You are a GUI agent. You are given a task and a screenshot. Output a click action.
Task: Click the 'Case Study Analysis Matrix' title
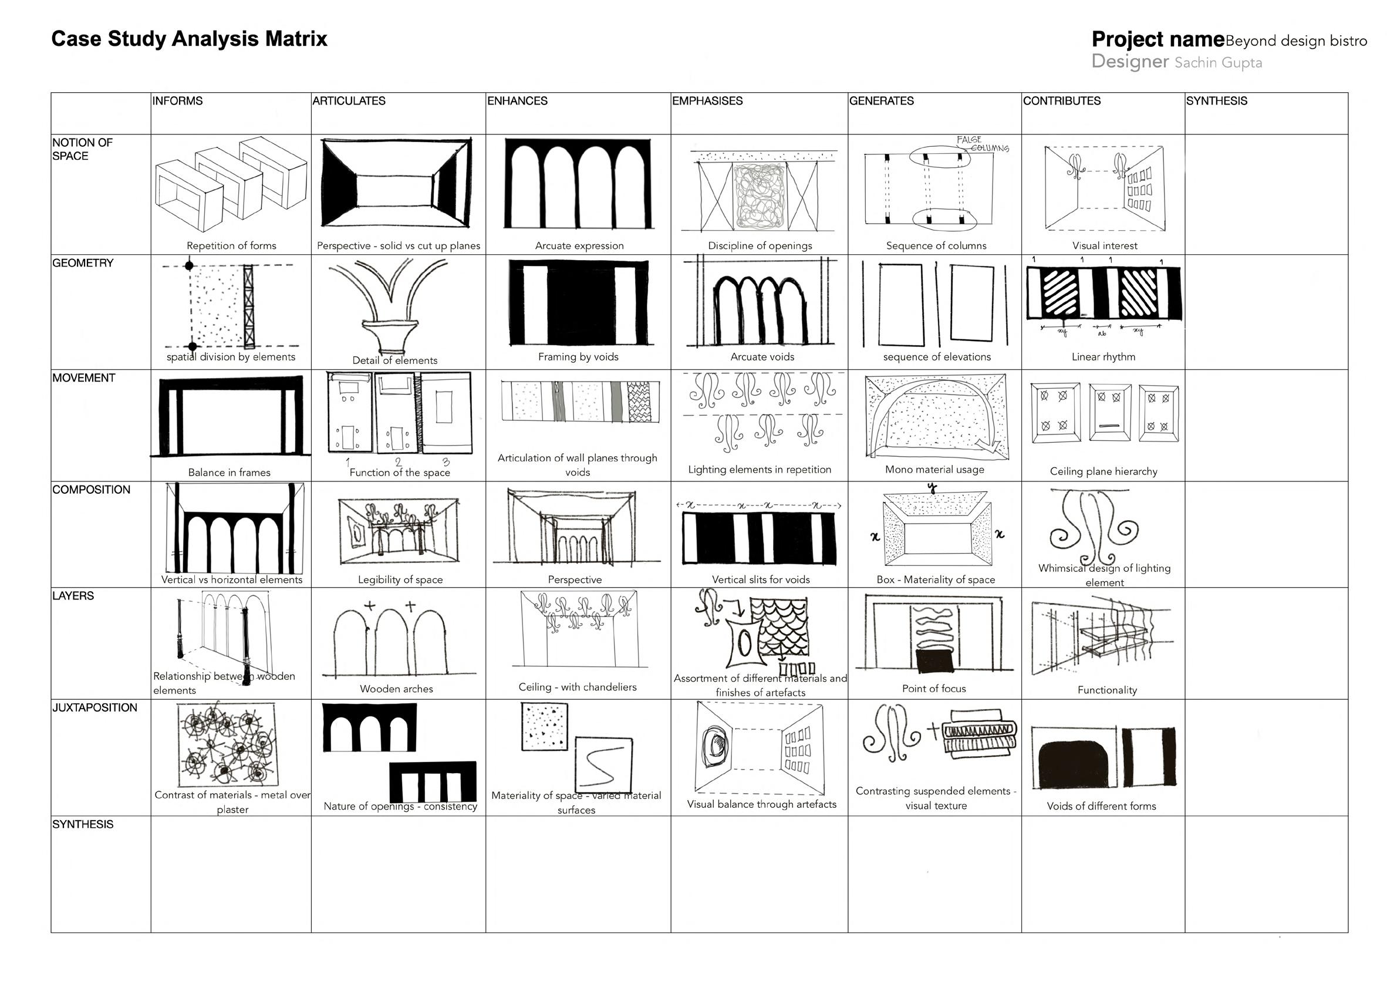(189, 39)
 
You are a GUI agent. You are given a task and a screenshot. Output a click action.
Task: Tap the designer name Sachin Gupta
(1218, 63)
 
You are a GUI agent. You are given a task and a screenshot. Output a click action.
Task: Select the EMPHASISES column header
(707, 101)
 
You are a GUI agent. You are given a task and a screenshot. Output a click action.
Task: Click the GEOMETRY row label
(83, 263)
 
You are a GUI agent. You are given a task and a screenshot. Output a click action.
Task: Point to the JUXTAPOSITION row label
(95, 707)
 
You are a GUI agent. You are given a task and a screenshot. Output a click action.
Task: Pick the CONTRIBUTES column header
(1061, 101)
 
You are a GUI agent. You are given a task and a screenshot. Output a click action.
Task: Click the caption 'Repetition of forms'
(231, 246)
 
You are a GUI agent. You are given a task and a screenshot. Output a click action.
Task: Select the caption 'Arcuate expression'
(579, 246)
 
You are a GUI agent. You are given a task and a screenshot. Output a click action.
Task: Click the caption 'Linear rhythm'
(1103, 357)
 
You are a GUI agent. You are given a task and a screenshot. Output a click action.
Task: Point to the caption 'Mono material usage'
(934, 469)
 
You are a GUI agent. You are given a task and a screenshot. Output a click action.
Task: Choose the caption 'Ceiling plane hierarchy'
(1103, 471)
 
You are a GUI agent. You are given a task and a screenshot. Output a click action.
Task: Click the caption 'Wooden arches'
(396, 689)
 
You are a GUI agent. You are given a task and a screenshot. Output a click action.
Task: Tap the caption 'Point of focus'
(934, 689)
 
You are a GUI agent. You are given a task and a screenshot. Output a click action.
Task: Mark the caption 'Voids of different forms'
(1101, 806)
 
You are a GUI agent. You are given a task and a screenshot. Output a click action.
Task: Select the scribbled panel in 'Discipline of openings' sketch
(760, 196)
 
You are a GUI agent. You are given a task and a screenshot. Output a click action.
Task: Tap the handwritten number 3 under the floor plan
(446, 462)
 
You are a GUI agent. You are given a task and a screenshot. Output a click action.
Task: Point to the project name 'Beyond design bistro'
(1297, 41)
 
